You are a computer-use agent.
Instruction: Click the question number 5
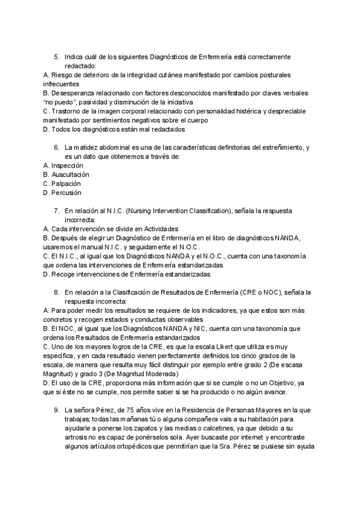(56, 56)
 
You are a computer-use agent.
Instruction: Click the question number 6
(56, 147)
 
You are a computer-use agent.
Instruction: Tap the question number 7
(56, 211)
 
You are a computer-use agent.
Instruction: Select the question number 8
(56, 292)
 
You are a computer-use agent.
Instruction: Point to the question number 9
(56, 410)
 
